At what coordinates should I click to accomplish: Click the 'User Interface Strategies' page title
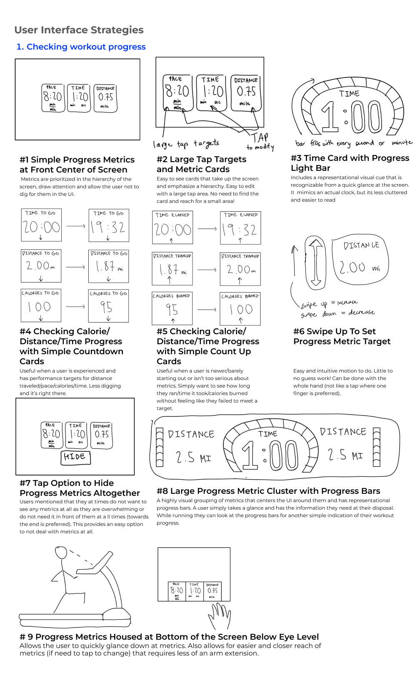pyautogui.click(x=79, y=30)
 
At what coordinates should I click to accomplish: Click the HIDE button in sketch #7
pyautogui.click(x=75, y=457)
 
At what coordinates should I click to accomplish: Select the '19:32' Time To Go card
pyautogui.click(x=108, y=225)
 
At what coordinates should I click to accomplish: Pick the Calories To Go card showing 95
pyautogui.click(x=108, y=306)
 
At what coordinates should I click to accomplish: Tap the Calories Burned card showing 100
pyautogui.click(x=240, y=309)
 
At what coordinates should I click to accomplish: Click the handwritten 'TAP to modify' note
pyautogui.click(x=260, y=142)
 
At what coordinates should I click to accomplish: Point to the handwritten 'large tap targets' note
pyautogui.click(x=186, y=144)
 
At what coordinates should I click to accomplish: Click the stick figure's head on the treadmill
pyautogui.click(x=61, y=553)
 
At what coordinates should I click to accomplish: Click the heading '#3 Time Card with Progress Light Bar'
pyautogui.click(x=350, y=163)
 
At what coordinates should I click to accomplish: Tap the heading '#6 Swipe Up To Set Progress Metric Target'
pyautogui.click(x=342, y=336)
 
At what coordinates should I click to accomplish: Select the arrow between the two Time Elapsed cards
pyautogui.click(x=207, y=228)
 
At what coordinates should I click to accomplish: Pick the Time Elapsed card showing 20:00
pyautogui.click(x=172, y=228)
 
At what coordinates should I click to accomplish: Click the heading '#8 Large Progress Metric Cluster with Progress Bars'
pyautogui.click(x=268, y=491)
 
